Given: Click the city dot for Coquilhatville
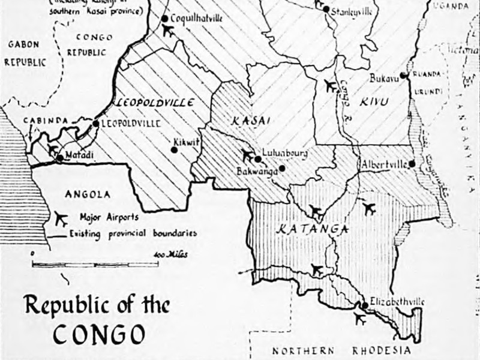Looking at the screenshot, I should click(x=164, y=19).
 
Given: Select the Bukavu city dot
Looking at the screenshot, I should click(x=404, y=76).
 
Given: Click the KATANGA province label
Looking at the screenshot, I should click(x=304, y=229).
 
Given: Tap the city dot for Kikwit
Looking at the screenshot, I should click(x=174, y=149).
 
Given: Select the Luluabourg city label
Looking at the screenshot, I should click(x=286, y=154).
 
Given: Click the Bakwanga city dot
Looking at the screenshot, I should click(x=282, y=168).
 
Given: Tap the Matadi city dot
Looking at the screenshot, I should click(x=60, y=158).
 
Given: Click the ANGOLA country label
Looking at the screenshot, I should click(x=88, y=194).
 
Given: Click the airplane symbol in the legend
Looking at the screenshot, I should click(x=60, y=218).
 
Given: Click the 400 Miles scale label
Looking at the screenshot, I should click(x=170, y=255).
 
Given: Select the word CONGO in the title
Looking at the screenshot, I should click(x=99, y=333).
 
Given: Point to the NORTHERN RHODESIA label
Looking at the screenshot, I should click(x=342, y=351).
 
